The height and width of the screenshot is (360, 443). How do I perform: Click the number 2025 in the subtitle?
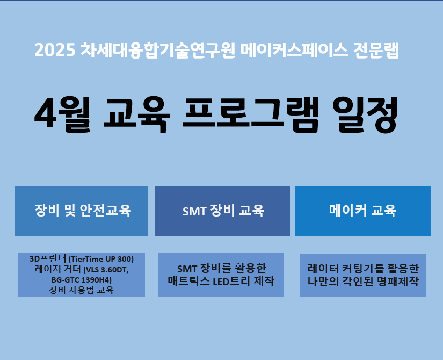tap(55, 50)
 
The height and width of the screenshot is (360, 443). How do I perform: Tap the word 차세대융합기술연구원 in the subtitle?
tap(158, 50)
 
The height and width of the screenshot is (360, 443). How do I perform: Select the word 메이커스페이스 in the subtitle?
tap(294, 50)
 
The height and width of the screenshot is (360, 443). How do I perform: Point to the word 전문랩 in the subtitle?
tap(376, 50)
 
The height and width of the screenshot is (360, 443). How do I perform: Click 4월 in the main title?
tap(62, 114)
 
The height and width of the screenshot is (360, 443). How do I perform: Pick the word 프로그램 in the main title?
tap(251, 114)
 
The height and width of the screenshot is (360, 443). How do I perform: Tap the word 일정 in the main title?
tap(368, 114)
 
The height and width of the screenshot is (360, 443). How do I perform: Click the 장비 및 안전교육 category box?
tap(82, 211)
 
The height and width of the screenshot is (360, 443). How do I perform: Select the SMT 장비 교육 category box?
tap(222, 211)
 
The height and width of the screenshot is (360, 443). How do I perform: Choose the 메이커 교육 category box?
tap(362, 211)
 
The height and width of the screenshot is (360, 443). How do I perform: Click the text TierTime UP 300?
tap(101, 259)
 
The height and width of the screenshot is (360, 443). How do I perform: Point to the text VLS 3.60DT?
tap(106, 270)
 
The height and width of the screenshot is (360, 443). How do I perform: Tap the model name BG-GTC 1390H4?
tap(82, 280)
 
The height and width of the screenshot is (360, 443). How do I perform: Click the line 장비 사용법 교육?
tap(82, 290)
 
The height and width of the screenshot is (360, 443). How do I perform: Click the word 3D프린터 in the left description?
tap(48, 259)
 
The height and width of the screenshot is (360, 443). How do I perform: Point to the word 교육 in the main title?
tap(137, 114)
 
